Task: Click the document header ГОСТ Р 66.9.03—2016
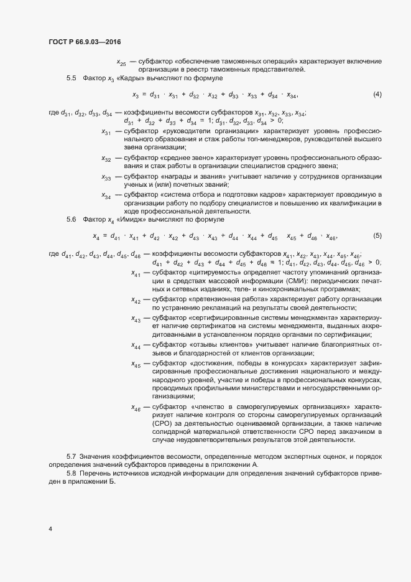[x=84, y=42]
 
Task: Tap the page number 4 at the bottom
[x=50, y=529]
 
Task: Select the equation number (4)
[x=377, y=95]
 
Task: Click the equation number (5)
[x=377, y=237]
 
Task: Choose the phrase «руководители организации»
[x=213, y=133]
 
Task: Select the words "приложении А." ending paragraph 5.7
[x=235, y=465]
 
